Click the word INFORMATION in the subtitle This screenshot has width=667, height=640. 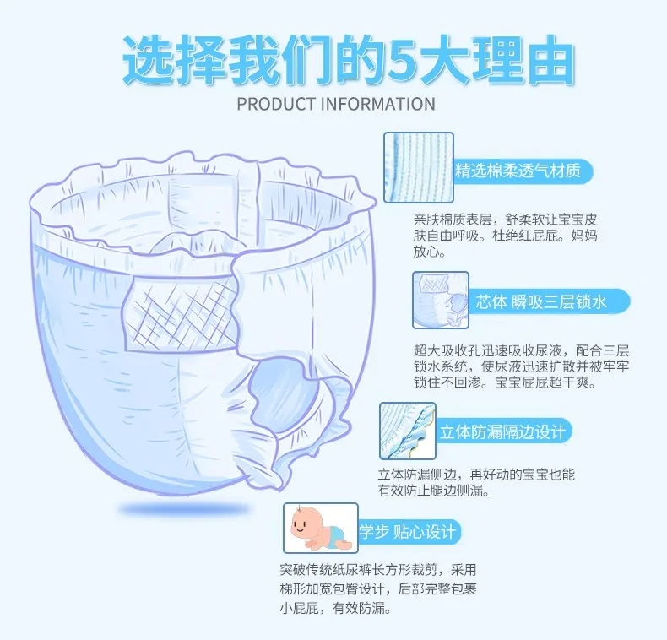click(378, 104)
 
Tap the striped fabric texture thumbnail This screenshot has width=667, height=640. click(419, 167)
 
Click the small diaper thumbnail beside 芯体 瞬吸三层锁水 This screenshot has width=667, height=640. click(441, 300)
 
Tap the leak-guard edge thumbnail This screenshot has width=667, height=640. click(408, 431)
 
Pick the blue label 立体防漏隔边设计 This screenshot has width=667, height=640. click(504, 431)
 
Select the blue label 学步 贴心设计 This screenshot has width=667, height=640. click(409, 531)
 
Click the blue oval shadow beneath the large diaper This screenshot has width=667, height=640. click(184, 508)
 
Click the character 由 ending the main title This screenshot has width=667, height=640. click(550, 61)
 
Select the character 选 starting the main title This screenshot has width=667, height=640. click(148, 61)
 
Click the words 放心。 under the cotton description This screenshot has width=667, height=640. click(429, 252)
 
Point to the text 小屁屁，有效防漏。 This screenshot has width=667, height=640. click(335, 608)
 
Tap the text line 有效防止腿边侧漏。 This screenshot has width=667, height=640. click(433, 491)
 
